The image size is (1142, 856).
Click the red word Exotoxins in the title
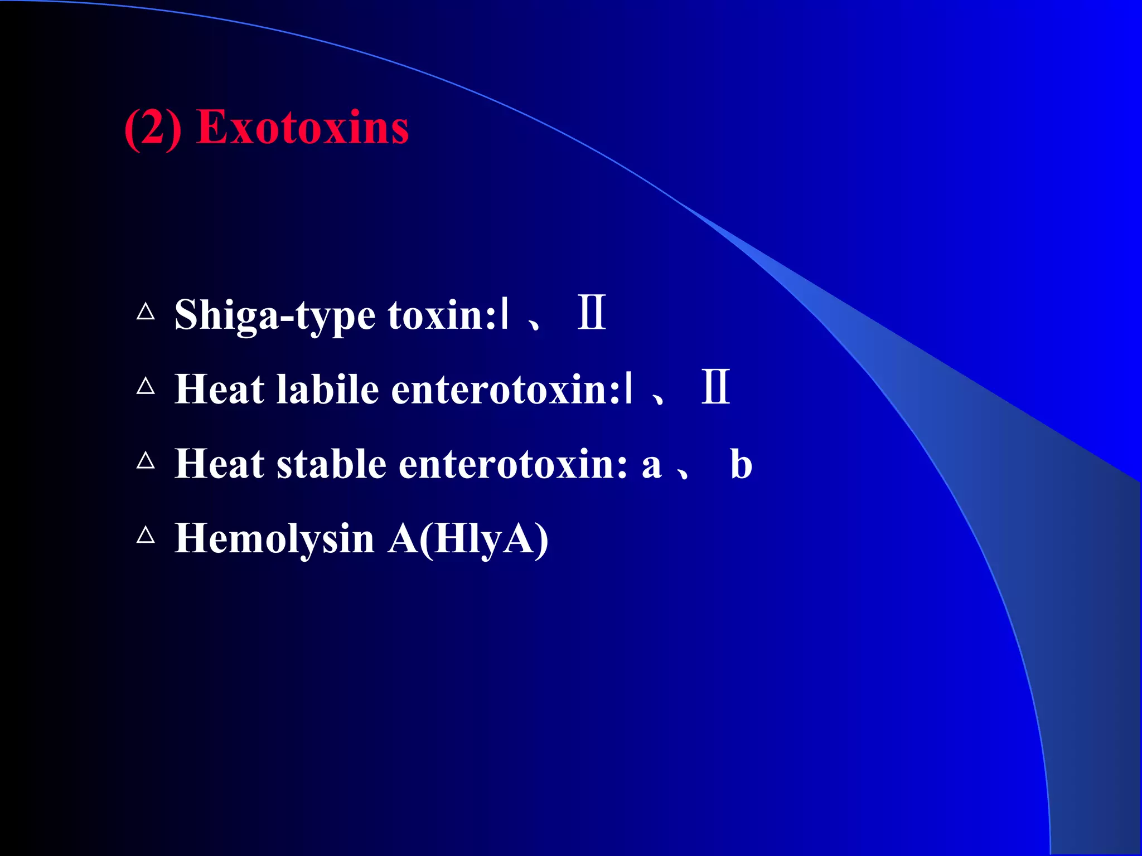[x=303, y=128]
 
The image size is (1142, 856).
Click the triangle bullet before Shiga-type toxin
[x=146, y=311]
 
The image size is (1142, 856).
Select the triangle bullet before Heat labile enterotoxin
[x=146, y=386]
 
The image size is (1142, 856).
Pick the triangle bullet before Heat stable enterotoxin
[x=146, y=460]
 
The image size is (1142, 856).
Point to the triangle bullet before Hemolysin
[x=146, y=535]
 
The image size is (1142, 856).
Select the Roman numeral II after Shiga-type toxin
[x=592, y=313]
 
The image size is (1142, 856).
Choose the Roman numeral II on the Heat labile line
[x=716, y=387]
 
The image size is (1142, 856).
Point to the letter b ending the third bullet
[x=741, y=464]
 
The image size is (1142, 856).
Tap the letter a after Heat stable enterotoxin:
[x=651, y=466]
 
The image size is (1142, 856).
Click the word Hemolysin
[x=274, y=539]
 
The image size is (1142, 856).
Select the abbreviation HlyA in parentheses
[x=483, y=539]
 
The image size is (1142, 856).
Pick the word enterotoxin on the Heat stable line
[x=513, y=464]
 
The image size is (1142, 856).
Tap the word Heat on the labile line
[x=219, y=389]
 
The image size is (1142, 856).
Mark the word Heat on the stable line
[x=219, y=464]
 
